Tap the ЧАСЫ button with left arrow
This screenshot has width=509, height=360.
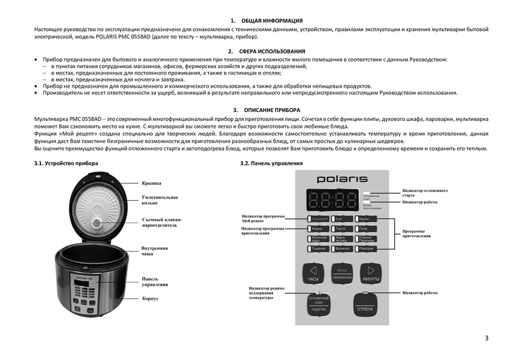(x=312, y=273)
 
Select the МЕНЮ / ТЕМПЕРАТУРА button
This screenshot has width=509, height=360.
(x=342, y=273)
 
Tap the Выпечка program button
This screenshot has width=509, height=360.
(x=342, y=248)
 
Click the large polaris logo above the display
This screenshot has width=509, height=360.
(x=340, y=179)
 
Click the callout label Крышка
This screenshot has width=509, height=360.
(x=151, y=183)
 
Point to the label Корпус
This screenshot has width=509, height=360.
(x=150, y=298)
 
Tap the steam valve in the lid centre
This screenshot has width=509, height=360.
(x=97, y=223)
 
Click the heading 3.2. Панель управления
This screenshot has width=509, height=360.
(x=271, y=163)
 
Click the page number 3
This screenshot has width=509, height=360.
(x=487, y=338)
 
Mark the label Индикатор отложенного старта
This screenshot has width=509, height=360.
(x=424, y=193)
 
